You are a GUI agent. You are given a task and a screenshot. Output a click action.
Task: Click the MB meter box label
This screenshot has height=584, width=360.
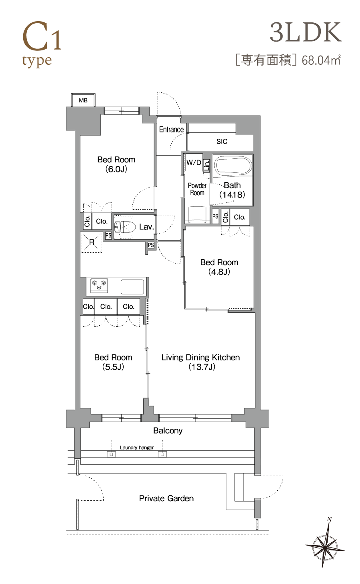83,100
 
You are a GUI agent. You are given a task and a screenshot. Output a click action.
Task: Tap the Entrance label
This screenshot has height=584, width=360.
171,129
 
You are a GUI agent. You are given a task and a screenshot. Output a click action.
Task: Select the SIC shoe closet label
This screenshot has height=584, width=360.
222,141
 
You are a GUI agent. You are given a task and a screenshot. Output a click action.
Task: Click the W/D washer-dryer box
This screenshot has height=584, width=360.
193,162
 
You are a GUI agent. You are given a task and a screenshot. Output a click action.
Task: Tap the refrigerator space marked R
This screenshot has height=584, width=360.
92,242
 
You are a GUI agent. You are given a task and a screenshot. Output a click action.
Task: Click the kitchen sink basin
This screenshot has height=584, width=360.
132,286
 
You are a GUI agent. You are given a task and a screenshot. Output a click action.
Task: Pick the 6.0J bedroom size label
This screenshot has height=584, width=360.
116,169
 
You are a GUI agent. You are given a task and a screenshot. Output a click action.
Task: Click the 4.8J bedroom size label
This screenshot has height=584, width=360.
219,272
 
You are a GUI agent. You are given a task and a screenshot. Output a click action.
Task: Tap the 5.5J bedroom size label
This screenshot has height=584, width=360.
113,367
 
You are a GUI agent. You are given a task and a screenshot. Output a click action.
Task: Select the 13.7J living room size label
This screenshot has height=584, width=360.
202,367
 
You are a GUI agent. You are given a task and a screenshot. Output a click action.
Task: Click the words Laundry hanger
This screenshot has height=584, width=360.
137,447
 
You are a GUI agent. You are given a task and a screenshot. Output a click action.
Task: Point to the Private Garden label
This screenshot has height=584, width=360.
166,498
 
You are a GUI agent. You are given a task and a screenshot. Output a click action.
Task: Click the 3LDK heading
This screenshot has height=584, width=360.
306,32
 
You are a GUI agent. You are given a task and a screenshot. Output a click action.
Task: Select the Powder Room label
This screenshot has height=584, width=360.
197,189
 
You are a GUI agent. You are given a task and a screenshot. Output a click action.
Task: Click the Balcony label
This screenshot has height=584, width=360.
168,431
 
